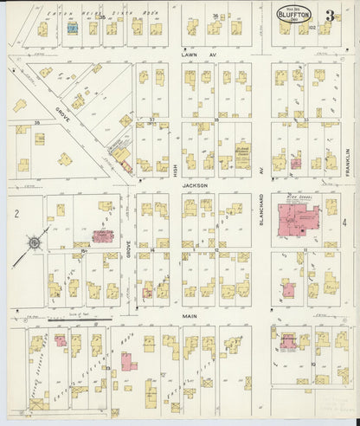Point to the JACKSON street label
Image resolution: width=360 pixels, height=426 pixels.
coord(196,184)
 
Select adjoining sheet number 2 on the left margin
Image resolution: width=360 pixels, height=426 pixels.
coord(15,212)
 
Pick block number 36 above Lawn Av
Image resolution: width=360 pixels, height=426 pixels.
coord(215,16)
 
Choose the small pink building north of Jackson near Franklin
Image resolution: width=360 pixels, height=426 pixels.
coord(295,162)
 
